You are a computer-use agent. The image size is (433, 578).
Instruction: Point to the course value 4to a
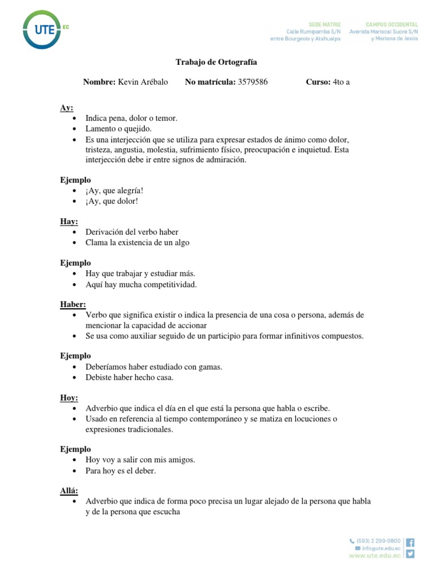click(342, 82)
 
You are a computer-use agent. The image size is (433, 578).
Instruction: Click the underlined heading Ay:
click(67, 108)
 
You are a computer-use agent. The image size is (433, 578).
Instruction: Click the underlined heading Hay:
click(69, 221)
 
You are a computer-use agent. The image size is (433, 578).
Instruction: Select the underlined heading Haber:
click(73, 305)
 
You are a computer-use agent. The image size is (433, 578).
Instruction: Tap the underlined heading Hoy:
click(69, 397)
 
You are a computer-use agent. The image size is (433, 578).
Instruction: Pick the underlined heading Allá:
click(69, 490)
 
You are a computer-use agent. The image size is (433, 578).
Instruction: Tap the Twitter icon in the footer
click(410, 554)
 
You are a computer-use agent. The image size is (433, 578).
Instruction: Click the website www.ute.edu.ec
click(375, 556)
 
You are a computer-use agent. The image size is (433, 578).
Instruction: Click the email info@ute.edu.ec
click(381, 548)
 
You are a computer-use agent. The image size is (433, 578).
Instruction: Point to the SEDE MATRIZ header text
click(325, 25)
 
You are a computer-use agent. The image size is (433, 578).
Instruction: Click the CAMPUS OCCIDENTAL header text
click(392, 25)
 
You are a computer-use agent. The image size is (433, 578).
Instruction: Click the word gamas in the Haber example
click(210, 367)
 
